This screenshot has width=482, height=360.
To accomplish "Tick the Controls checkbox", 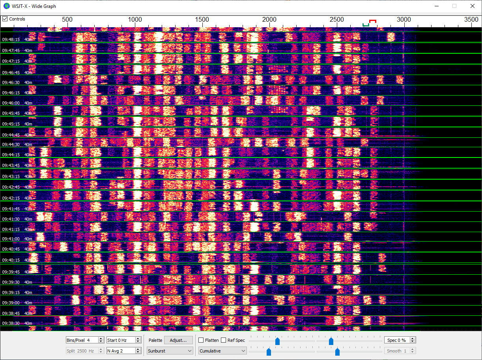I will point(5,19).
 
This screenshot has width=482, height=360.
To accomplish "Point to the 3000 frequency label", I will point(404,20).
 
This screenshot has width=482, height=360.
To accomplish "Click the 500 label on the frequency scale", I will point(67,20).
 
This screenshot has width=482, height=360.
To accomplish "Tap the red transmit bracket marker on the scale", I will point(372,21).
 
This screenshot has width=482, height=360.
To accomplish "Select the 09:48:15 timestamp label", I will point(11,39).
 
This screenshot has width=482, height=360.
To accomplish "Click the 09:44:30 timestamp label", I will point(11,144).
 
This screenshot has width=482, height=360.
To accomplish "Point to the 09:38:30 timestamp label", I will point(11,323).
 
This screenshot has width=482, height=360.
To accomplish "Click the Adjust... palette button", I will point(178,340).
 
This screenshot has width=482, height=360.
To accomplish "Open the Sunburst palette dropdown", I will point(170,351).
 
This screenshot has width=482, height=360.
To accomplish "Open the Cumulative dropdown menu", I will point(222,351).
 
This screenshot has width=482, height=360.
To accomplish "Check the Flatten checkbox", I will point(201,340).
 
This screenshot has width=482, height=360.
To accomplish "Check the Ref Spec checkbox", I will point(224,340).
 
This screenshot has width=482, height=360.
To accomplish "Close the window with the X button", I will point(472,6).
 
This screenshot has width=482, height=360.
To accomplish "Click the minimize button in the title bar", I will point(437,6).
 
